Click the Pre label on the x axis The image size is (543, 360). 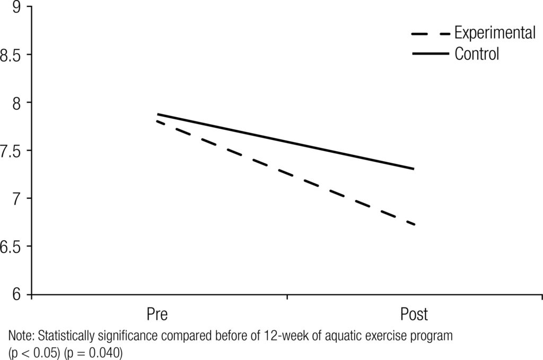[157, 314]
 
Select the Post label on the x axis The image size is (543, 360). [414, 314]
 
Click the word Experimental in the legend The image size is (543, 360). [495, 33]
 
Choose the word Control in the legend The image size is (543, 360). [477, 54]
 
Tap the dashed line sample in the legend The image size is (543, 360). [430, 34]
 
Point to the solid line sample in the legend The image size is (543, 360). [430, 54]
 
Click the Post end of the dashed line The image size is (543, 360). [414, 225]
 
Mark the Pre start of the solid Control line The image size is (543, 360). [158, 114]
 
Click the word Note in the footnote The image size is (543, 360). [20, 336]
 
